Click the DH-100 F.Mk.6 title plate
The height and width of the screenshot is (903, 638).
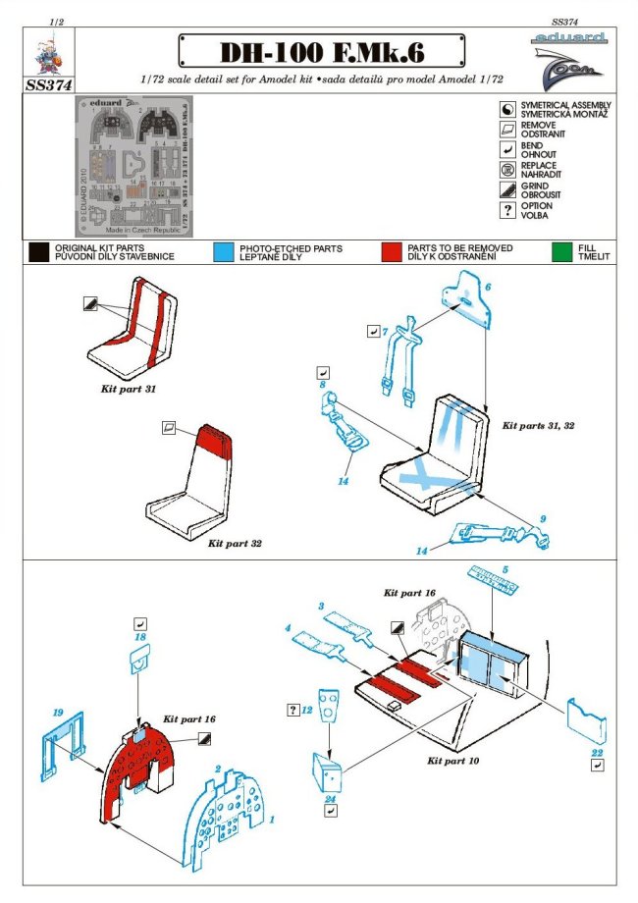320,50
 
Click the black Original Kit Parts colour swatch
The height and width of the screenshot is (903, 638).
39,253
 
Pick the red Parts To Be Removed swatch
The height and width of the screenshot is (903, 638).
393,253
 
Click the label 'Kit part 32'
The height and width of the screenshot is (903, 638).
235,542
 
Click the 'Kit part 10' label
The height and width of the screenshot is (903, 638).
452,761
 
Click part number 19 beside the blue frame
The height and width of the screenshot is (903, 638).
58,711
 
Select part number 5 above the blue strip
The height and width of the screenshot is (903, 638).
505,568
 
